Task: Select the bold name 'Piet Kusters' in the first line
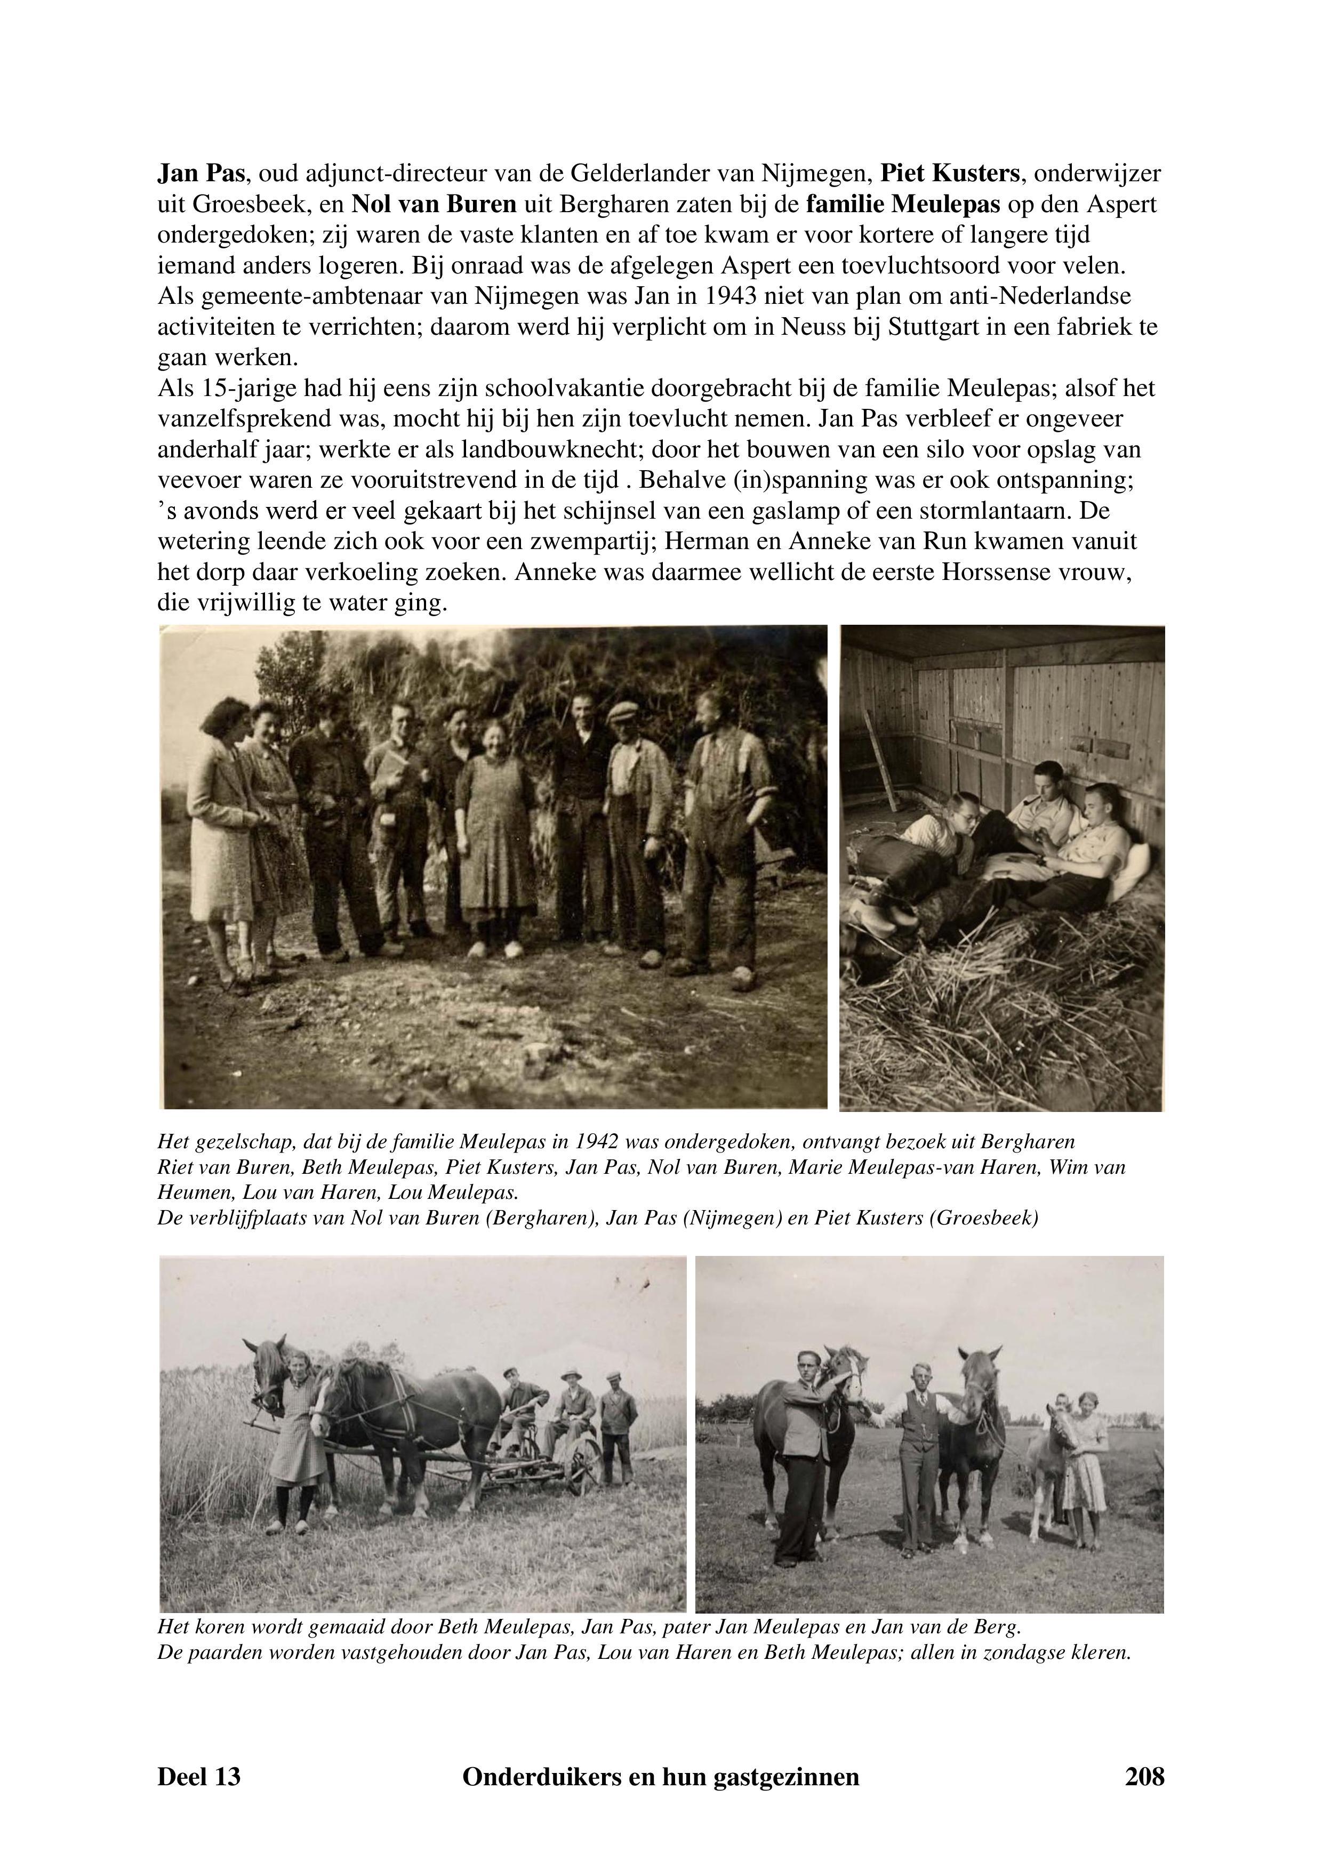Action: (x=950, y=173)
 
